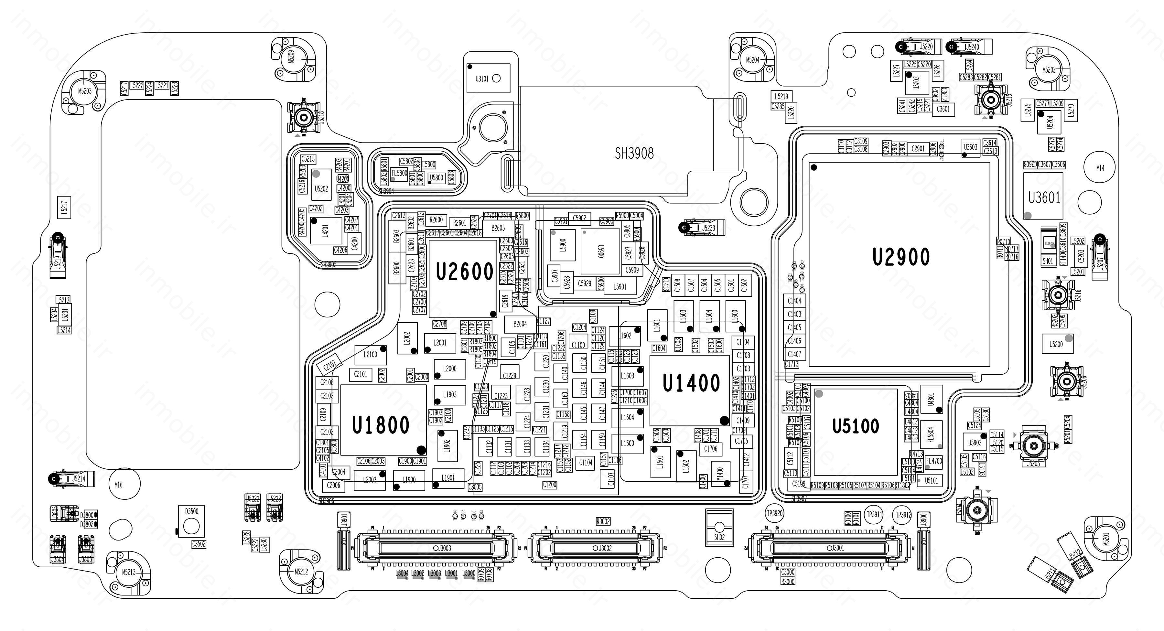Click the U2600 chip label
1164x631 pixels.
(x=465, y=272)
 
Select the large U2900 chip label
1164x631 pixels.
(x=901, y=257)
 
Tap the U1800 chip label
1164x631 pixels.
(x=381, y=425)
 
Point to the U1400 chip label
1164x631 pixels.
(x=691, y=383)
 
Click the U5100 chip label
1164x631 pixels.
(x=855, y=426)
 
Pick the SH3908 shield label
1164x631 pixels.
(x=634, y=154)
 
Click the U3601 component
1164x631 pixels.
(x=1044, y=198)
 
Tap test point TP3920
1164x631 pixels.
(x=774, y=514)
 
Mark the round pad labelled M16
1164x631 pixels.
(x=118, y=485)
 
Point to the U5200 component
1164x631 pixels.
(x=1056, y=344)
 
